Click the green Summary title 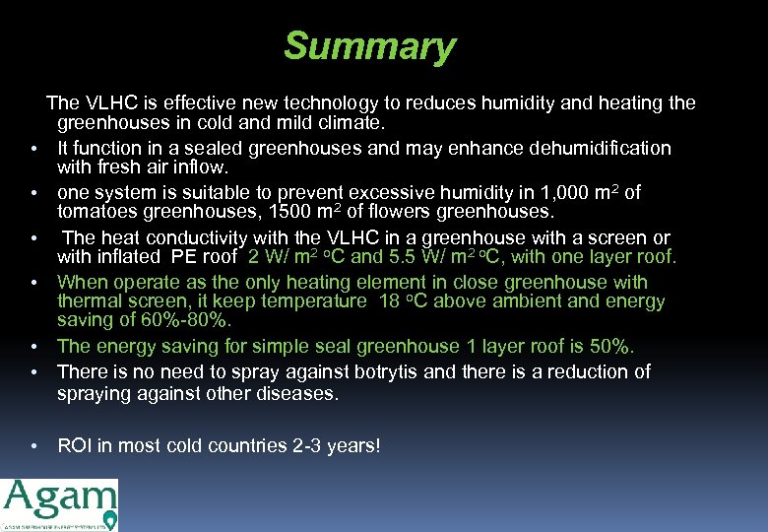[369, 46]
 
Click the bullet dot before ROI [33, 446]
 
